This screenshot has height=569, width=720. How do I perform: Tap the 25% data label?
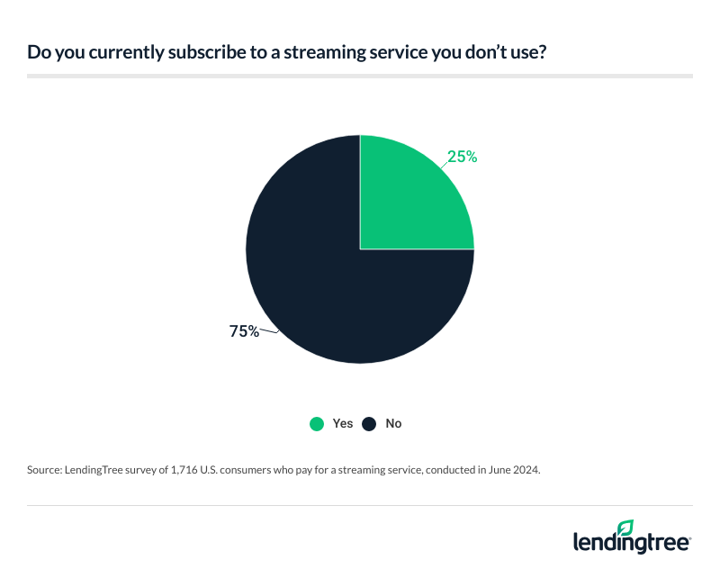[462, 157]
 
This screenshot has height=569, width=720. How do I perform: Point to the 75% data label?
[244, 331]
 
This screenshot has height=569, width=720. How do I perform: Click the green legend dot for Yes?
[316, 423]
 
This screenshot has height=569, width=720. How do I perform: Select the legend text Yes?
[343, 423]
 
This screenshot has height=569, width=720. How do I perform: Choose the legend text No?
[393, 423]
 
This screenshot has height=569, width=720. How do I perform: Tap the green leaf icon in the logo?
[625, 528]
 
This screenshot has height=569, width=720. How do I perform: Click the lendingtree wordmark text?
[631, 542]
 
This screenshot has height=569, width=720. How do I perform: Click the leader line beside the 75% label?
[269, 333]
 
